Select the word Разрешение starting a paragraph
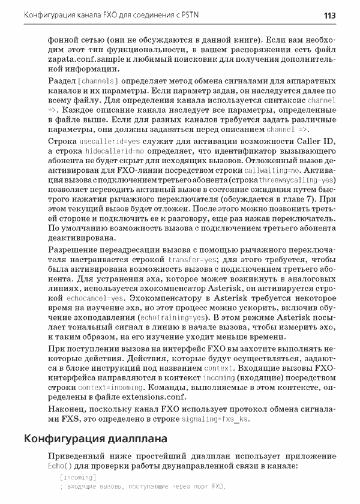73,250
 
